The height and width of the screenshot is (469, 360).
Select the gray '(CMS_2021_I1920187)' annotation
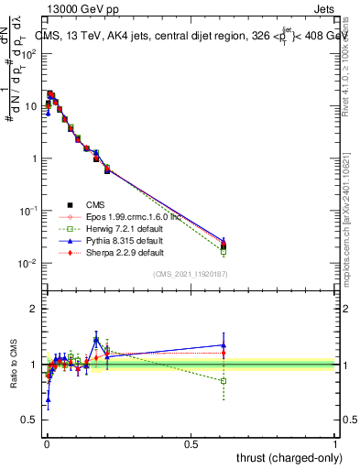point(190,273)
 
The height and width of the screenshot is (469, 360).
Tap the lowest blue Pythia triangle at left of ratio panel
point(48,399)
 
